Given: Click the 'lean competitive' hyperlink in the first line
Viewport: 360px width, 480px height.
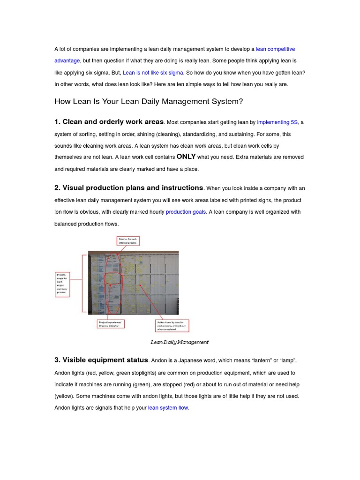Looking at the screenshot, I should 275,49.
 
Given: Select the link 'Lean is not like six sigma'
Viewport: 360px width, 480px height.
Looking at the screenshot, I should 153,73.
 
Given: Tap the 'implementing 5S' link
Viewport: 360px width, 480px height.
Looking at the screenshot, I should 277,122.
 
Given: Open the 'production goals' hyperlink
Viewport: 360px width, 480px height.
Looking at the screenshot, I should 186,212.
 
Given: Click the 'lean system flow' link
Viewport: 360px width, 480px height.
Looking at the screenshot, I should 168,408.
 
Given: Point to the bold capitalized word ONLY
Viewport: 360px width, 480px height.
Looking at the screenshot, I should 186,157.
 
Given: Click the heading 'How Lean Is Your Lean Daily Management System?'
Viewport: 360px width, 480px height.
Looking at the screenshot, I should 149,101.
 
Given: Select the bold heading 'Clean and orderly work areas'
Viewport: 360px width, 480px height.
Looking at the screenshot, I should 109,122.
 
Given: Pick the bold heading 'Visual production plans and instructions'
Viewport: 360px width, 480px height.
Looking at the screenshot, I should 129,188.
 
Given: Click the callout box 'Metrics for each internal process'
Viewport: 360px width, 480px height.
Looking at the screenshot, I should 128,241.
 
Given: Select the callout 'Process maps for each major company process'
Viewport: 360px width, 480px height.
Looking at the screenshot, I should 62,283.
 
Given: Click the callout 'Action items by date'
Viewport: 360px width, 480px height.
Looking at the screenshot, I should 172,325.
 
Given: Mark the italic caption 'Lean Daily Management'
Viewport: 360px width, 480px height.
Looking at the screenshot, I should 180,342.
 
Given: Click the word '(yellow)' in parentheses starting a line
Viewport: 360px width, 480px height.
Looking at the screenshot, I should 64,396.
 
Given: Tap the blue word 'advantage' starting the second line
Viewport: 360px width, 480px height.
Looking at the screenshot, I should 67,61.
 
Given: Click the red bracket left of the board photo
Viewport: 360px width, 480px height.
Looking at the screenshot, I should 85,282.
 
